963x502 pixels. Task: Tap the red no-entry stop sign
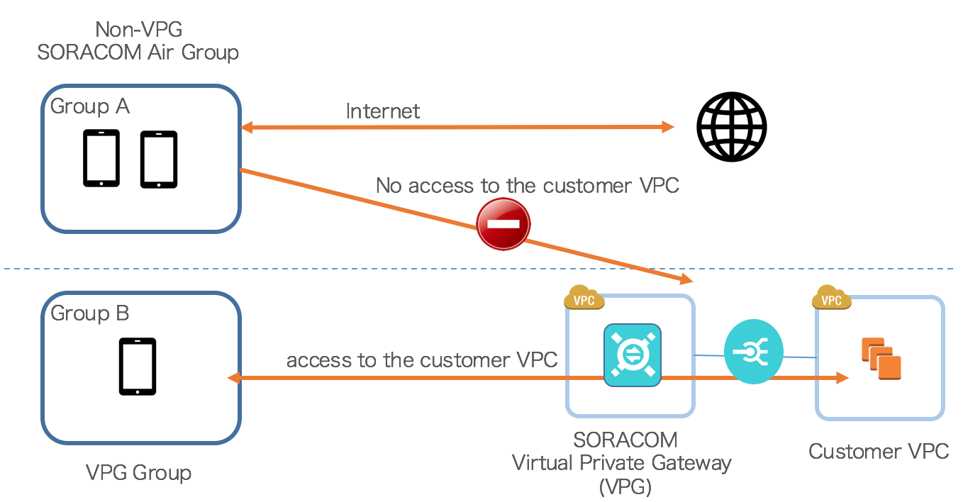pos(503,225)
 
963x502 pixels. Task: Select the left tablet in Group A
pos(101,158)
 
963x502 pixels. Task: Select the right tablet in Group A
pos(158,160)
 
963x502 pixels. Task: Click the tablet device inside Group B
pos(138,367)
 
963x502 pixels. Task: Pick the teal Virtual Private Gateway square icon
pos(632,355)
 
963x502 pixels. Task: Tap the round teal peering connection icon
pos(753,353)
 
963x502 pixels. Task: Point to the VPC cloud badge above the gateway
pos(584,299)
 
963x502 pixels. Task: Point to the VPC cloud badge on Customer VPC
pos(831,299)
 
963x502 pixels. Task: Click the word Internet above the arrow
pos(382,111)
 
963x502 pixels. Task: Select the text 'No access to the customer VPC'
pos(527,186)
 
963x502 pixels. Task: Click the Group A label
pos(90,106)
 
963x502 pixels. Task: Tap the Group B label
pos(90,313)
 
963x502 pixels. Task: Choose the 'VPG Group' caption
pos(138,472)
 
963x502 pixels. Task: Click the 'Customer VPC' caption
pos(879,451)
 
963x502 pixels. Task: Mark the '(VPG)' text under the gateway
pos(625,486)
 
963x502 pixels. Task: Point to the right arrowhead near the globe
pos(667,127)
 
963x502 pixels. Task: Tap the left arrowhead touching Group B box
pos(233,379)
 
